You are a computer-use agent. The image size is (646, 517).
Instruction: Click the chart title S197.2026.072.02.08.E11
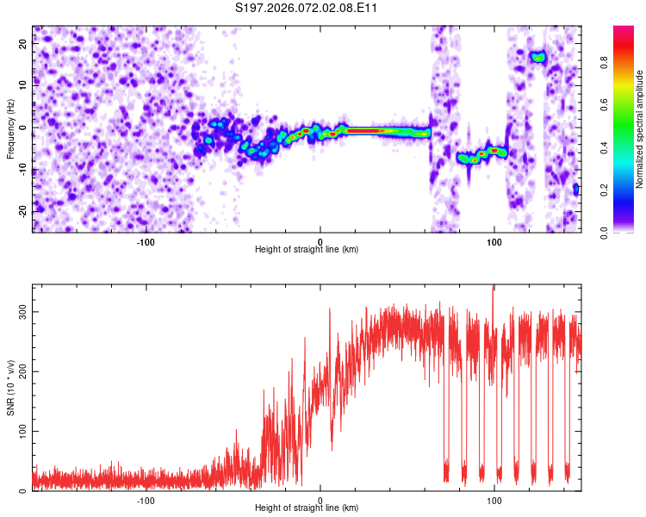(x=307, y=9)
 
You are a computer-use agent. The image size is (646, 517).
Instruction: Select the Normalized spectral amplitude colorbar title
(x=640, y=129)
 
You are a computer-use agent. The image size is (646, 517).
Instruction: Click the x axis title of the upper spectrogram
(x=307, y=250)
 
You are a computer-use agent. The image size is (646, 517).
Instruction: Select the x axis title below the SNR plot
(x=307, y=508)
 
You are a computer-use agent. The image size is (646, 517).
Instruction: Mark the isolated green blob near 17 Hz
(x=538, y=58)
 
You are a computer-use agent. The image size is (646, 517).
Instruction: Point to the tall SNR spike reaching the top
(x=494, y=290)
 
